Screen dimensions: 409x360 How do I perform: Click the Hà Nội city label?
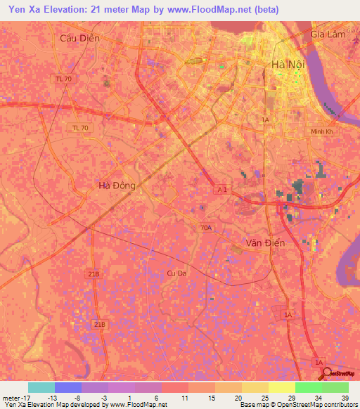point(287,64)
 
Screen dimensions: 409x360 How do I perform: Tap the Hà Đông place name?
point(117,186)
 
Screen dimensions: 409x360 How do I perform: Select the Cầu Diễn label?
point(80,38)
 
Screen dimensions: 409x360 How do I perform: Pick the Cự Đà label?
point(176,273)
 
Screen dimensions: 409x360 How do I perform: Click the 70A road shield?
point(205,227)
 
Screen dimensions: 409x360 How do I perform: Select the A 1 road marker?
point(221,190)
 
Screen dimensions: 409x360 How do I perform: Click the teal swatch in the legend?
point(41,387)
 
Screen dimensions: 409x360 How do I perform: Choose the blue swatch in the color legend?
point(67,387)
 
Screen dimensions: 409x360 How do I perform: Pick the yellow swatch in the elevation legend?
point(281,387)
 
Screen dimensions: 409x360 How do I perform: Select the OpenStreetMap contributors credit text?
point(316,405)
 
